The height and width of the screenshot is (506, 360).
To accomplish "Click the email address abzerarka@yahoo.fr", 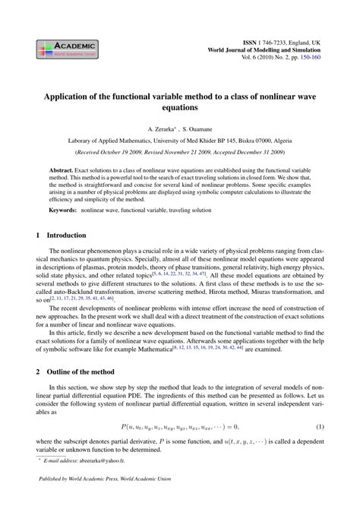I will point(101,461).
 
